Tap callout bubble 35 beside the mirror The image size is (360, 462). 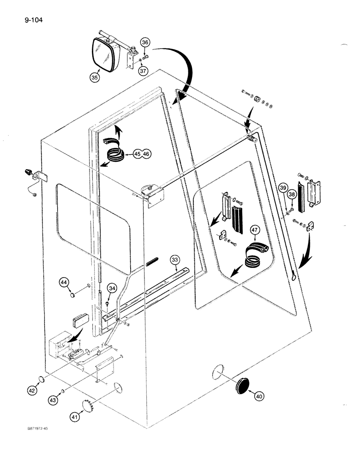click(x=95, y=78)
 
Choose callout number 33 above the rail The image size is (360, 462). click(x=174, y=260)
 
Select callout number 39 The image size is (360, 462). click(x=283, y=187)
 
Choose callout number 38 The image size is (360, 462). click(x=291, y=195)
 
